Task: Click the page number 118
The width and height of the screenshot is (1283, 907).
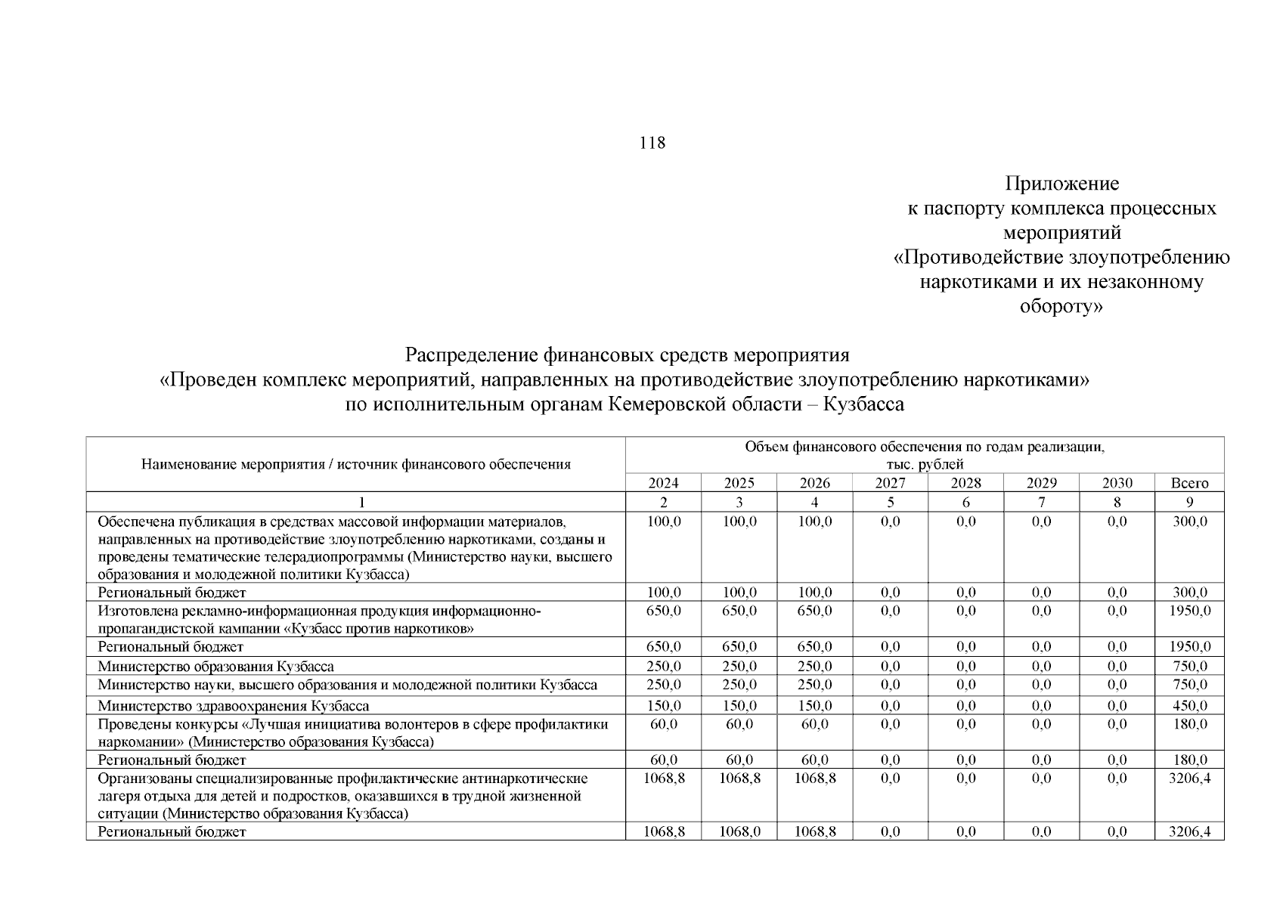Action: (x=652, y=143)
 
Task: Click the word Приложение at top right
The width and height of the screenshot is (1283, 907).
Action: (x=1061, y=184)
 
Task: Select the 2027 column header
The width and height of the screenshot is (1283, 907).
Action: (x=890, y=483)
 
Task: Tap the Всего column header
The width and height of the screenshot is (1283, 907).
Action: (x=1189, y=483)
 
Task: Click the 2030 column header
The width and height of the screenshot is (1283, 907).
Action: (x=1117, y=483)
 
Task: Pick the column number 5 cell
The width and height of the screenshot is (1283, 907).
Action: (x=890, y=502)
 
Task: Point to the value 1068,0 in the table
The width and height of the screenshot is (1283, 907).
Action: (x=739, y=831)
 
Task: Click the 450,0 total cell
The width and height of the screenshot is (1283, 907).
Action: (x=1189, y=706)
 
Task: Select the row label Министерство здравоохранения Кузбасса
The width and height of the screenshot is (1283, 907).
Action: (x=233, y=706)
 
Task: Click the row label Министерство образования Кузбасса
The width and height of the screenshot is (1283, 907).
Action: (x=215, y=667)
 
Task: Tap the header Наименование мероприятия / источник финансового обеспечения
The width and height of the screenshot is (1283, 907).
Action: (x=355, y=464)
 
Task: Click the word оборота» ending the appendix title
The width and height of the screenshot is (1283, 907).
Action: (x=1061, y=307)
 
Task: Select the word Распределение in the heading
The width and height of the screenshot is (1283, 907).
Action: (x=470, y=354)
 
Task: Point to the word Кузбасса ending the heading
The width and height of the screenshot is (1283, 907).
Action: (x=863, y=404)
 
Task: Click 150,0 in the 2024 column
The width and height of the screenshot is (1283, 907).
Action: (x=664, y=706)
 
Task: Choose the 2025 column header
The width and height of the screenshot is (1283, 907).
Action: (x=739, y=483)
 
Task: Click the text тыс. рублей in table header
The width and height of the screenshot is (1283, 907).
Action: (x=925, y=465)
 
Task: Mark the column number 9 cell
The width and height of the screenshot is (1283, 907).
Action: (x=1189, y=502)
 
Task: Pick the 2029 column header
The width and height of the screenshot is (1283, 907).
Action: (x=1041, y=483)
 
